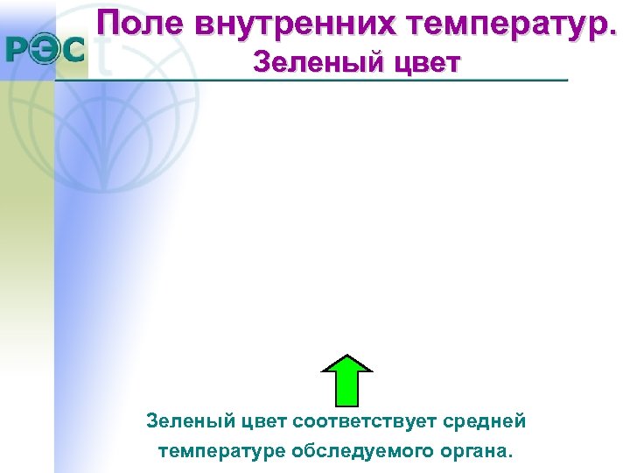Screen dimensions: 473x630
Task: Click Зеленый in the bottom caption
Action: [185, 421]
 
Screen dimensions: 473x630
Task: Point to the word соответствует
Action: [367, 421]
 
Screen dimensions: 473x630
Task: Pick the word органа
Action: [476, 451]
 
